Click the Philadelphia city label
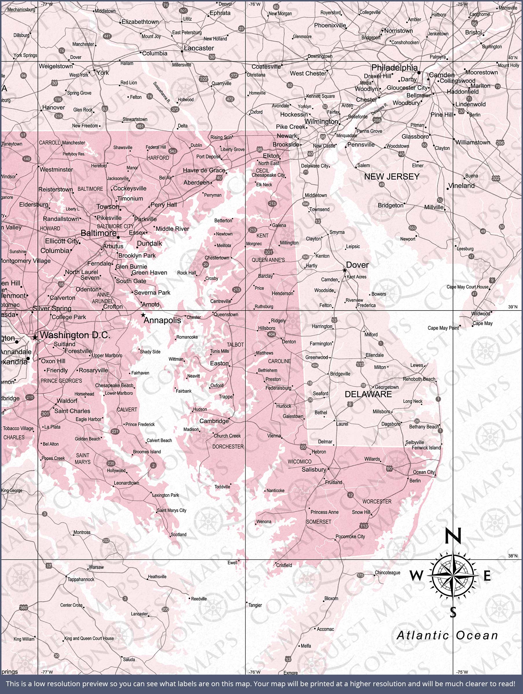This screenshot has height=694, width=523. [394, 67]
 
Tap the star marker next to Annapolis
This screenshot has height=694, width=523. [143, 315]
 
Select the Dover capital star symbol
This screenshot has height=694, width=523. [345, 270]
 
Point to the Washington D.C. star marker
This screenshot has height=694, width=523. [35, 337]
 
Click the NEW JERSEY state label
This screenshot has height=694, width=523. [392, 177]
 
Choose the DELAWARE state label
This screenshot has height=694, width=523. [368, 394]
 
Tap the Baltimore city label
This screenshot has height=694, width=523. [99, 233]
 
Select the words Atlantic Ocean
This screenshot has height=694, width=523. [447, 635]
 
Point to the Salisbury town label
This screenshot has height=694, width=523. [314, 469]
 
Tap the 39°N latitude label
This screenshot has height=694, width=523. [513, 307]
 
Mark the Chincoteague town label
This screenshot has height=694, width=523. [387, 573]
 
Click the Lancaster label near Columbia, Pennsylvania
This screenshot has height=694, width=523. [199, 48]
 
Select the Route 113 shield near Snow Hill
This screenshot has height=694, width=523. [364, 525]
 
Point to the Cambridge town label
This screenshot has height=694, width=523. [214, 421]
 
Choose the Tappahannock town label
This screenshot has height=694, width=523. [81, 579]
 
